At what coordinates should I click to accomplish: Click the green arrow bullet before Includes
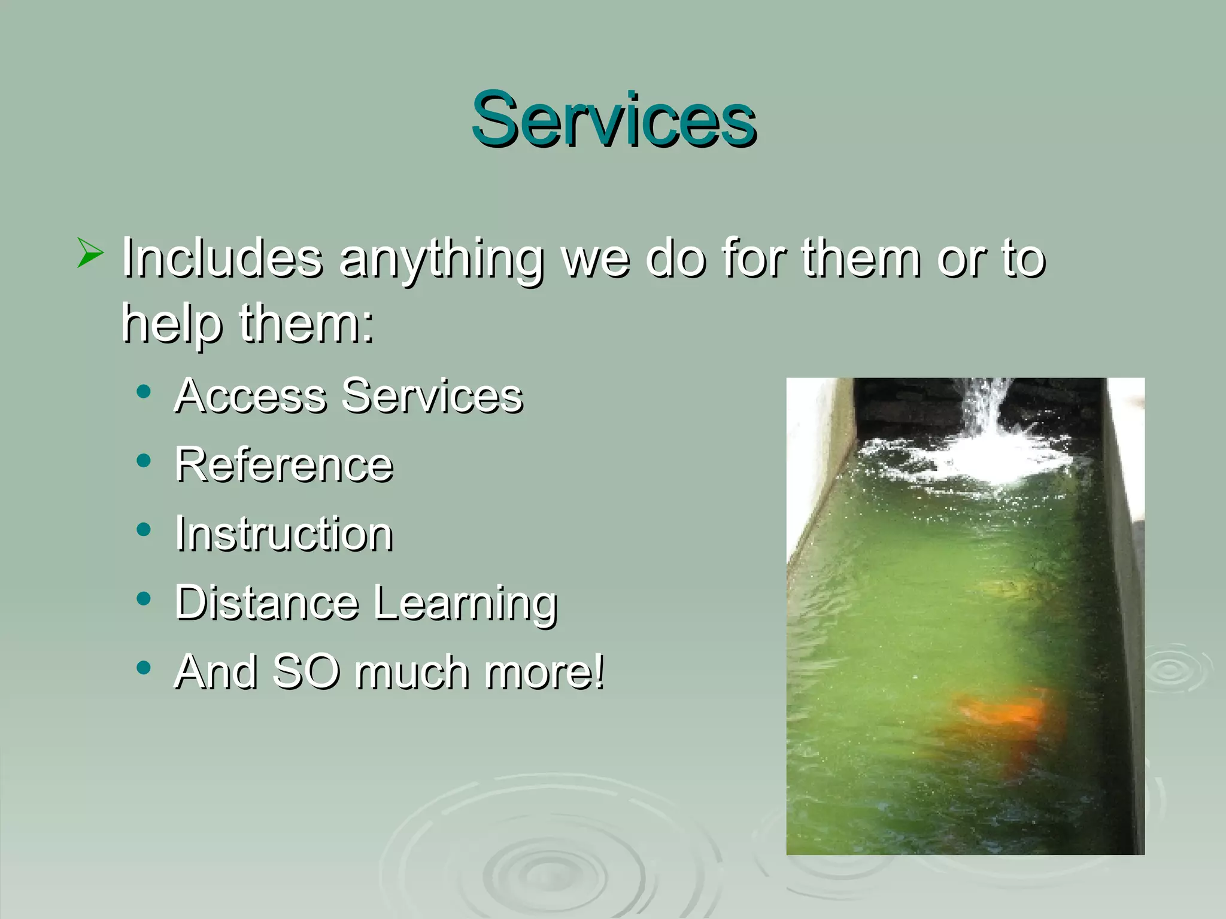point(90,252)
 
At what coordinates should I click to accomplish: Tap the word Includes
point(221,258)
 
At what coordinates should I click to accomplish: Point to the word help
point(171,324)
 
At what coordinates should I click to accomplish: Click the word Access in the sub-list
point(250,396)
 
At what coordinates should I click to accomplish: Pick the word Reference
point(284,465)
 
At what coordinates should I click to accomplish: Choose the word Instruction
point(284,534)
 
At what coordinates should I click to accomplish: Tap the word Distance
point(266,602)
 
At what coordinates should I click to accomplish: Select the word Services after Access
point(432,396)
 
